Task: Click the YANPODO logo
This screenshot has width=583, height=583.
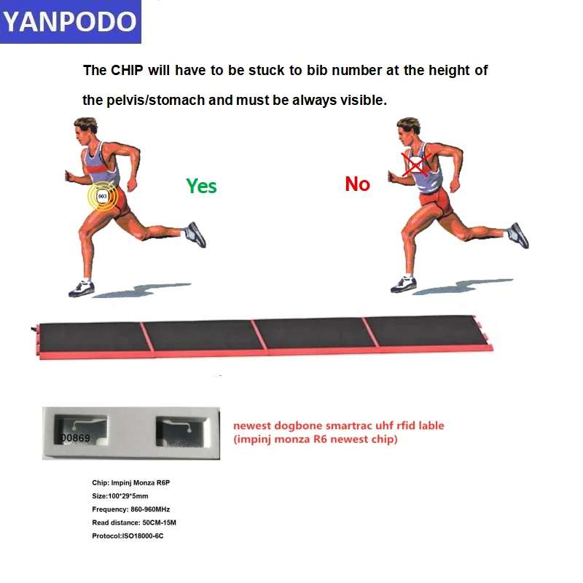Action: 70,22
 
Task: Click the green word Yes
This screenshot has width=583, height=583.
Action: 201,186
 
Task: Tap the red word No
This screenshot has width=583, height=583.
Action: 357,184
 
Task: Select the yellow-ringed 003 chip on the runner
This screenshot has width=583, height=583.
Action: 103,196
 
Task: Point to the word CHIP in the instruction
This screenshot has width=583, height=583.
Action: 128,71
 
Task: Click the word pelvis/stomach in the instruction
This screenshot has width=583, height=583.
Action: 155,100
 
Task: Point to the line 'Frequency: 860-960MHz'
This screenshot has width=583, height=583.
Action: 130,509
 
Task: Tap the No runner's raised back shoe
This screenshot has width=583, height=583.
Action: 518,235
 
